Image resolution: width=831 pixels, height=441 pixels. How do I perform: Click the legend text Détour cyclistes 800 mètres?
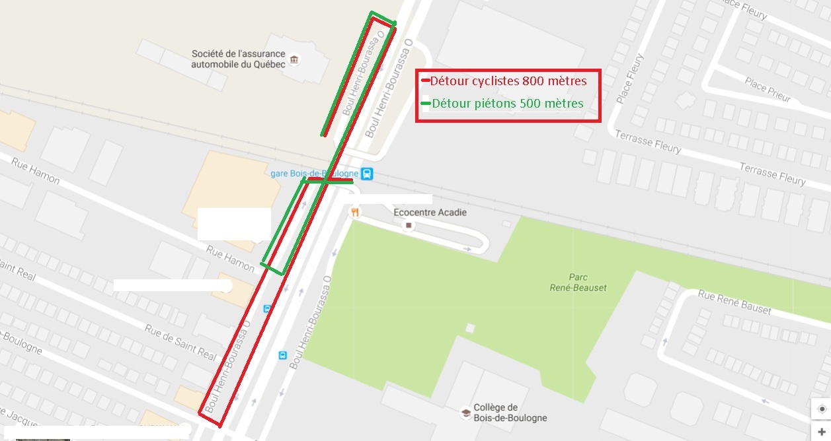(508, 81)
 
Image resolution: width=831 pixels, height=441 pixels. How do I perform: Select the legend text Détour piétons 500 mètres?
(507, 104)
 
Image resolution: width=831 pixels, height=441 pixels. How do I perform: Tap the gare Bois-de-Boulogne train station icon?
(368, 174)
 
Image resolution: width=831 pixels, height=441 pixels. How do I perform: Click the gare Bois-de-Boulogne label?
(315, 173)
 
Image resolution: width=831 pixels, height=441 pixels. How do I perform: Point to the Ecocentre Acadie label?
(430, 212)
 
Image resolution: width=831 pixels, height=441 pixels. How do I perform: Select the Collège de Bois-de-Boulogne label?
(510, 413)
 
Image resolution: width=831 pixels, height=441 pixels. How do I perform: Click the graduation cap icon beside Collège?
(465, 413)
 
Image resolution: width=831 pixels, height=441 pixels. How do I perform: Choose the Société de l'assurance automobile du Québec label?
(238, 59)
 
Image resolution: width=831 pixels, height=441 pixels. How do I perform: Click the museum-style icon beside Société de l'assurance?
(294, 60)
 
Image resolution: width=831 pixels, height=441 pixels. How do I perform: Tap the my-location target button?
(820, 409)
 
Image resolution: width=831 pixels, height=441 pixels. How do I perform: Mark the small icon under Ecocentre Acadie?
(409, 226)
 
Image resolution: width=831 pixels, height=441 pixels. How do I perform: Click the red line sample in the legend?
(426, 81)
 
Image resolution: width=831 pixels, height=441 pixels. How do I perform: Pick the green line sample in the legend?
(426, 104)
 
